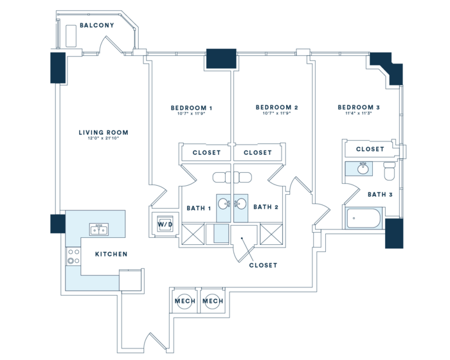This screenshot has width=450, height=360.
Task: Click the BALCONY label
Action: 97,26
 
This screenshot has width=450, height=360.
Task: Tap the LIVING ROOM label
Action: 104,133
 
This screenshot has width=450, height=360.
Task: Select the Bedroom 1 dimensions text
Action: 192,114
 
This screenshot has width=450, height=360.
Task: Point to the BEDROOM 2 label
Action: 276,107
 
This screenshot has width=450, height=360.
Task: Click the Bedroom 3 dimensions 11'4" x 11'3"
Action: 359,114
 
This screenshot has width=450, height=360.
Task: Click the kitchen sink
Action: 99,230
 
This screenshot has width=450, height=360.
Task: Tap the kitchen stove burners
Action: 73,257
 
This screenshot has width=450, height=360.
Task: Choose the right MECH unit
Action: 212,301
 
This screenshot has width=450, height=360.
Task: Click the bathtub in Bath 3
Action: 364,219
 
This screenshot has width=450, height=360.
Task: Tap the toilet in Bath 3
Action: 389,171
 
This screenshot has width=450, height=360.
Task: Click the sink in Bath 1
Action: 224,204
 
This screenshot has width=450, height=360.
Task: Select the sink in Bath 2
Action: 241,204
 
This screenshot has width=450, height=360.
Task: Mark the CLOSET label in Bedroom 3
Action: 370,149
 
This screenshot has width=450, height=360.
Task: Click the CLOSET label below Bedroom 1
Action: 206,153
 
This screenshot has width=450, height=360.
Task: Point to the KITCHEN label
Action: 111,254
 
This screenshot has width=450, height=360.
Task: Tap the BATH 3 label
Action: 380,194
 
